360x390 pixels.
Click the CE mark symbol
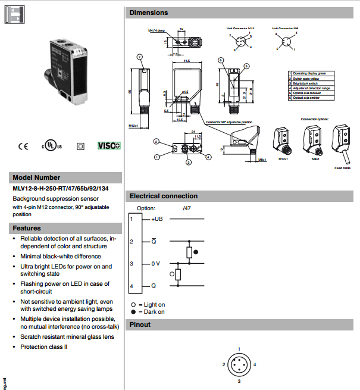click(x=23, y=145)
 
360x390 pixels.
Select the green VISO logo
click(x=109, y=145)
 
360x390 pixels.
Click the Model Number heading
click(x=36, y=177)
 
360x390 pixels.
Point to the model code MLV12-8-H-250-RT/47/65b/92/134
click(x=62, y=188)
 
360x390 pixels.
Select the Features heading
click(x=27, y=228)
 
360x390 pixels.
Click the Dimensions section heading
click(x=149, y=13)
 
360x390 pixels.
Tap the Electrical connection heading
click(x=164, y=196)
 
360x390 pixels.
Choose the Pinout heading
click(x=140, y=325)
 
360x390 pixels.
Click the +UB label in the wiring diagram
click(x=156, y=219)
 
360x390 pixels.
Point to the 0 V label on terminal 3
click(x=155, y=263)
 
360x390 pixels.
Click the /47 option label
click(x=186, y=208)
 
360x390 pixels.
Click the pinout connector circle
click(x=239, y=364)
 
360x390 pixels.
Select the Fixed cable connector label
click(x=342, y=169)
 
